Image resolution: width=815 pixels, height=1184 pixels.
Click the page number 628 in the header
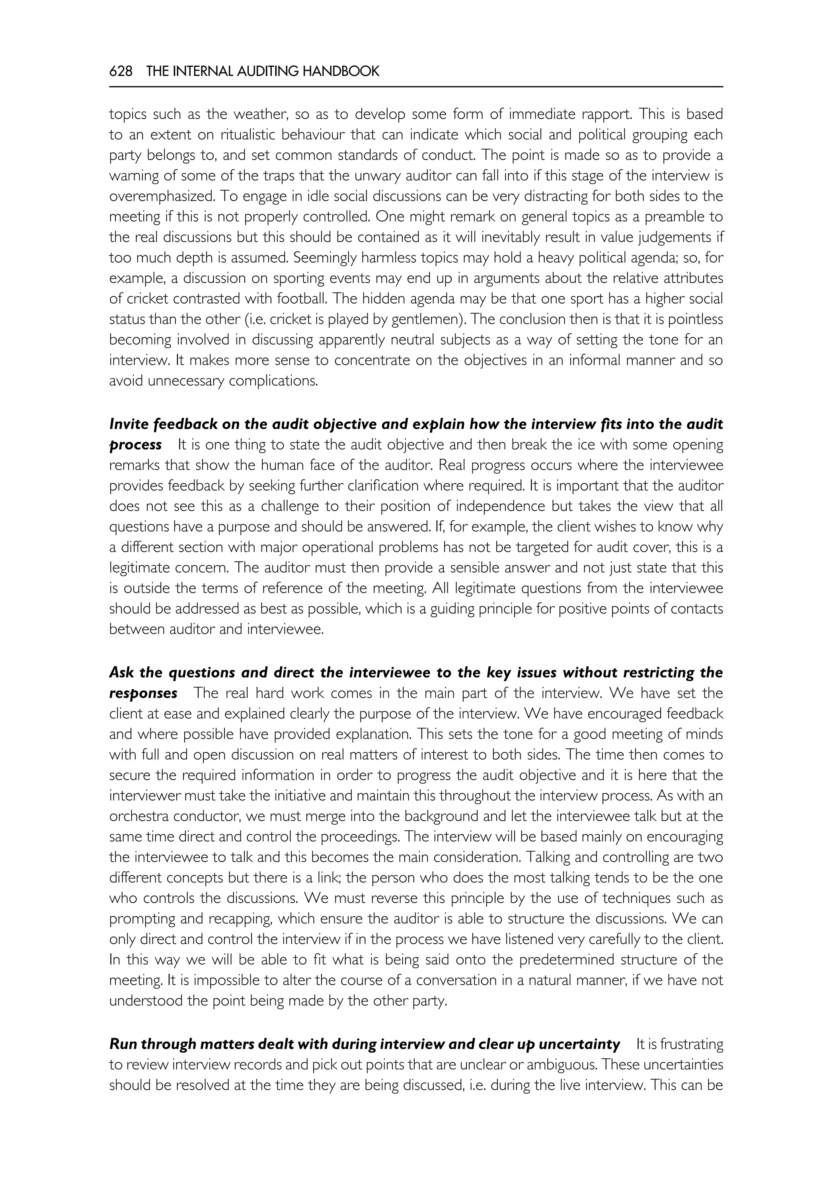tap(121, 72)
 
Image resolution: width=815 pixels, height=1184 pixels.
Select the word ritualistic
tap(248, 135)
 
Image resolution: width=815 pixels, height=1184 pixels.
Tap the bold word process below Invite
tap(136, 445)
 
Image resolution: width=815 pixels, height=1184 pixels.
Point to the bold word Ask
tap(121, 672)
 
